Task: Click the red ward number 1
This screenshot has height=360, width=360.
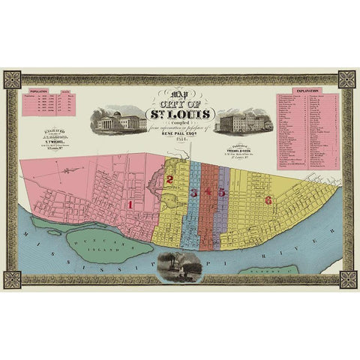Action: pos(129,202)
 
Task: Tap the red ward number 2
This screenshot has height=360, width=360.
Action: pos(169,178)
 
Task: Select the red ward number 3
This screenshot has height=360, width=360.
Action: pos(194,191)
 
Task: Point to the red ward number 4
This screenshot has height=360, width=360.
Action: pos(207,191)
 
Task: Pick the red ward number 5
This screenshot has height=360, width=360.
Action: pos(221,191)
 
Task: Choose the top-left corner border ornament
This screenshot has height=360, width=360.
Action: pos(11,79)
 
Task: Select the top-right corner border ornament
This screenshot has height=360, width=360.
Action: pos(348,79)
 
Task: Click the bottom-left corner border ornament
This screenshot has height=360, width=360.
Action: pos(11,279)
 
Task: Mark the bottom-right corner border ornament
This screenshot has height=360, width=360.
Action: pos(348,279)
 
